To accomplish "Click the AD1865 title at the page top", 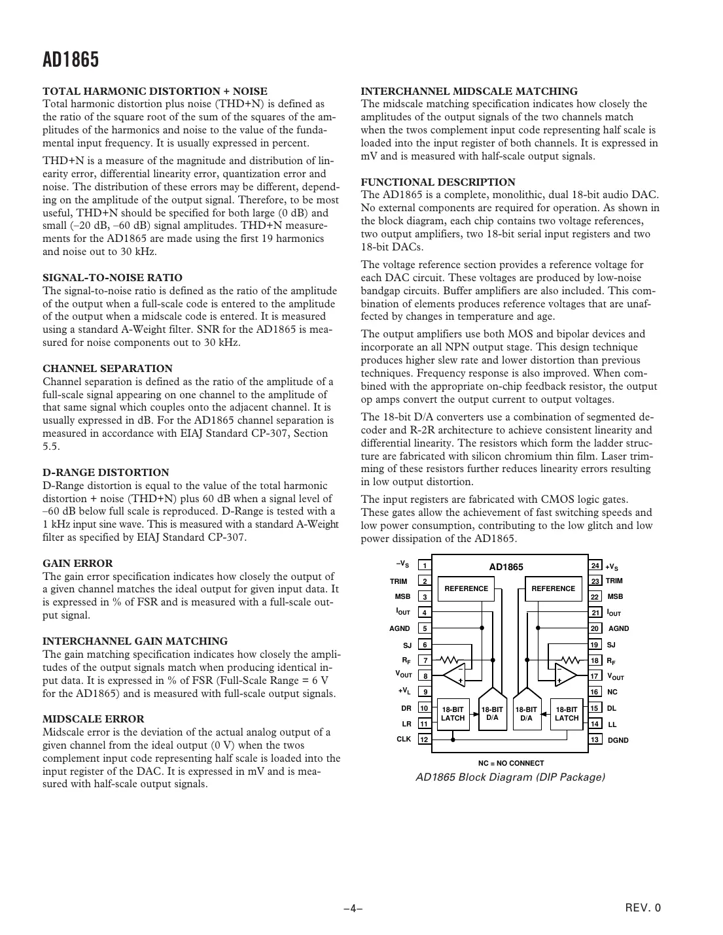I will point(71,60).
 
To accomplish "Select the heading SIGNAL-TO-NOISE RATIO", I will point(113,278).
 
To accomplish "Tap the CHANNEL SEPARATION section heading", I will point(107,369).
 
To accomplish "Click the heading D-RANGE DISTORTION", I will point(105,473).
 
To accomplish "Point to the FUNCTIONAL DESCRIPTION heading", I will point(438,182).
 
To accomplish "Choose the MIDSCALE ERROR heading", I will point(94,719).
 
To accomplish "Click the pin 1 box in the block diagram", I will point(425,566).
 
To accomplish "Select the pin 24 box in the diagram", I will point(595,566).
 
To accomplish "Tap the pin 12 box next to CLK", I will point(425,739).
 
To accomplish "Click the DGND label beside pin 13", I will point(618,740).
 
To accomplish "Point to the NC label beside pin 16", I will point(612,692).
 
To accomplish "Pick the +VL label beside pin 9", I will point(404,691).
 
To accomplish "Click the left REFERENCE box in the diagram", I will point(466,588).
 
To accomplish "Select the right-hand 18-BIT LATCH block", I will point(567,713).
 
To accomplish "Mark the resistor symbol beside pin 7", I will point(451,660).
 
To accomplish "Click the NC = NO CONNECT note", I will point(510,763).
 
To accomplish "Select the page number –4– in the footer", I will point(353,908).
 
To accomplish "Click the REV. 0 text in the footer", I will point(644,908).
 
